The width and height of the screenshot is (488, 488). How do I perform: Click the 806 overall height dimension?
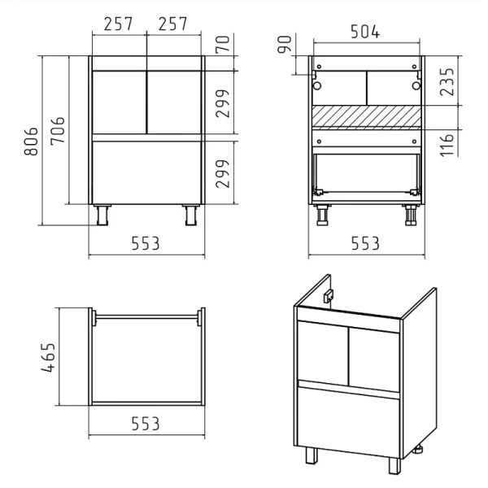31,141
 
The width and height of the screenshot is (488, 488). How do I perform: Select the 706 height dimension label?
58,131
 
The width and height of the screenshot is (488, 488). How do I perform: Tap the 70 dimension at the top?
223,44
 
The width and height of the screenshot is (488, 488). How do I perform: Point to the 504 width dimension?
365,32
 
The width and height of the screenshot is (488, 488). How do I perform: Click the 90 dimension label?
285,44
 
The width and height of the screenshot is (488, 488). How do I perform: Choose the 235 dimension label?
447,82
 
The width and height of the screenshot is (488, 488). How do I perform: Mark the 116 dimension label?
447,146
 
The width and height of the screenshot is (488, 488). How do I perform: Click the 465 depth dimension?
48,357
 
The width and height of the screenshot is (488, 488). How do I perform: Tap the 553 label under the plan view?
146,424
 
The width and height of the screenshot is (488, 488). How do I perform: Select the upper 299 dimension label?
223,103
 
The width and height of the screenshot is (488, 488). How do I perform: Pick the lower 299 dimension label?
223,174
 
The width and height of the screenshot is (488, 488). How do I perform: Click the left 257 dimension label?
118,24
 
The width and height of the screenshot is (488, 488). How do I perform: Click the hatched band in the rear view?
367,117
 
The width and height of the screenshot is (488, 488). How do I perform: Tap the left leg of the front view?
102,215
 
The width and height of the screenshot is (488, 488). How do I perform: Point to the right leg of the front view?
191,215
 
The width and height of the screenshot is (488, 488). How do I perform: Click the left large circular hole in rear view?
317,85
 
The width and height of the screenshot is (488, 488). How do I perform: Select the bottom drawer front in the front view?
146,172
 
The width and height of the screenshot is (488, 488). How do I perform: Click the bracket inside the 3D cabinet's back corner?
329,296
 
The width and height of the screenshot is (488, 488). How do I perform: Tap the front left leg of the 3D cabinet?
312,455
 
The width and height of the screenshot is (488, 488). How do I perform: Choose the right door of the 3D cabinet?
374,359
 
